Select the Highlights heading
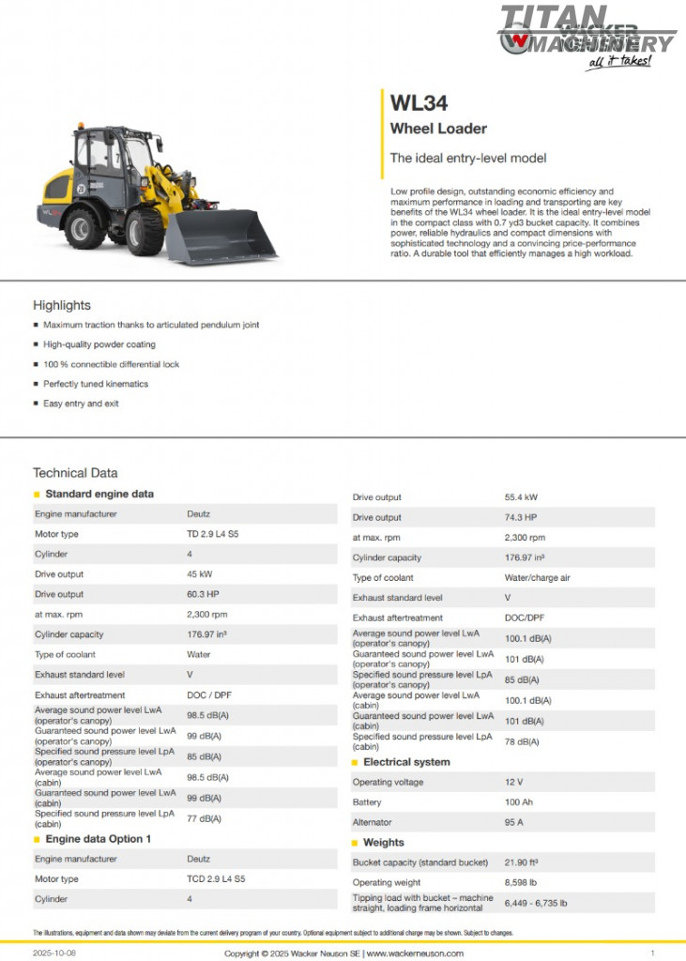pyautogui.click(x=62, y=305)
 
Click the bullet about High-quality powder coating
pyautogui.click(x=99, y=344)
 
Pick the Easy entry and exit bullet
pyautogui.click(x=81, y=404)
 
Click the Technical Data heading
pyautogui.click(x=75, y=473)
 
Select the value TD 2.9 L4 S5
pyautogui.click(x=216, y=534)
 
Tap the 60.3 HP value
pyautogui.click(x=203, y=594)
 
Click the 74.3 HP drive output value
pyautogui.click(x=520, y=517)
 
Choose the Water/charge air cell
pyautogui.click(x=537, y=577)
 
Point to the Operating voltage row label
pyautogui.click(x=388, y=782)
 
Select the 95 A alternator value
pyautogui.click(x=515, y=822)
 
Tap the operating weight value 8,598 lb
pyautogui.click(x=523, y=882)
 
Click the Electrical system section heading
pyautogui.click(x=406, y=762)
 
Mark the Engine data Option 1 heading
pyautogui.click(x=98, y=839)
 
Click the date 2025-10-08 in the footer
pyautogui.click(x=54, y=953)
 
